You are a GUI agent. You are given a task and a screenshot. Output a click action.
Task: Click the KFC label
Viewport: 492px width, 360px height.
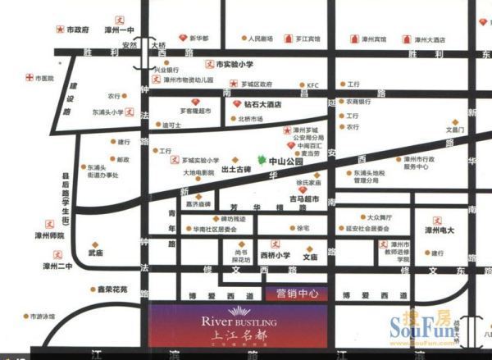[312, 84]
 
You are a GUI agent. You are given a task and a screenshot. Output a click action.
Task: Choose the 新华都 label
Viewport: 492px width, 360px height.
[199, 39]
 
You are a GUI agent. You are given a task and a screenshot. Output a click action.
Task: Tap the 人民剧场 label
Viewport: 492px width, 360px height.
[261, 39]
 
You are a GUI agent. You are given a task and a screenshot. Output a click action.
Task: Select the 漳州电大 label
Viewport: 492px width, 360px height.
[434, 232]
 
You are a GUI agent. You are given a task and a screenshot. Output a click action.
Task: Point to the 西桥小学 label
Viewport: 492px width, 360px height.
[276, 256]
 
